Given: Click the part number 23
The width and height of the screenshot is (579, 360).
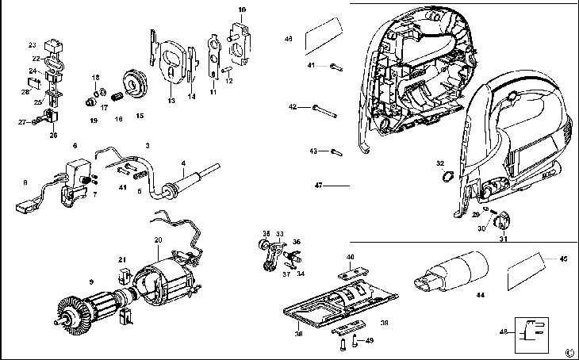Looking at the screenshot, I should click(x=33, y=44).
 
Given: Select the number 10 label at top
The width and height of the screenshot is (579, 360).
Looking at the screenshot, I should click(x=242, y=9).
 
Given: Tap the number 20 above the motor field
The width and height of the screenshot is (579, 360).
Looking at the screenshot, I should click(x=158, y=240).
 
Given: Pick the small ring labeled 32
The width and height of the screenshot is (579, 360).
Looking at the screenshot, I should click(x=445, y=177).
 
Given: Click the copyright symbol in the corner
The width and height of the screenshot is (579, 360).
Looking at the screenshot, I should click(x=569, y=351).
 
